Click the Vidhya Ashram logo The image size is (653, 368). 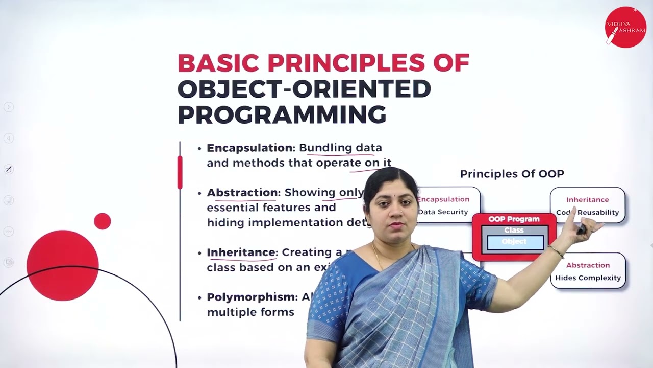click(x=625, y=27)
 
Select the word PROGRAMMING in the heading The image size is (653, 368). click(x=282, y=114)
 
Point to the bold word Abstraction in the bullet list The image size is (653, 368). click(x=242, y=193)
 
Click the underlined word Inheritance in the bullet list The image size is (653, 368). click(x=241, y=252)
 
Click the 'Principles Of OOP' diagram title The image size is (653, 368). click(x=512, y=174)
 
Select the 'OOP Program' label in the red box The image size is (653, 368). click(x=514, y=219)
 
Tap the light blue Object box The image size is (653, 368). click(x=515, y=242)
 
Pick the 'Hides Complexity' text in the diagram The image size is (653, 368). click(x=588, y=278)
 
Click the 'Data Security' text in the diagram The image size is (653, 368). click(x=443, y=212)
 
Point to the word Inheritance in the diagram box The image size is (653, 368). click(x=587, y=200)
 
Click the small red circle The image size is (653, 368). click(x=103, y=221)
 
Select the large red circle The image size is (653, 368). click(x=62, y=265)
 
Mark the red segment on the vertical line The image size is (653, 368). click(x=180, y=172)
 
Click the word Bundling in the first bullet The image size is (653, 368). click(x=325, y=148)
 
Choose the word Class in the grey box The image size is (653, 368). click(x=514, y=231)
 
